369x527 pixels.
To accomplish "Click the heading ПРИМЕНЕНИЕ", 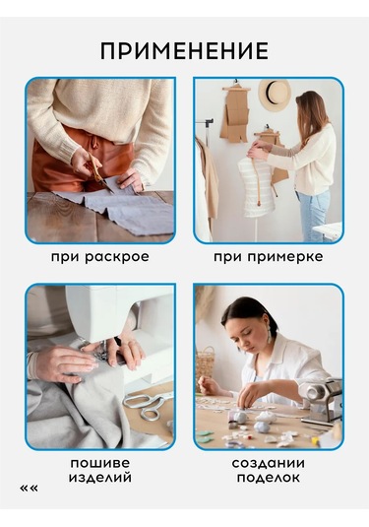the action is coord(184,51).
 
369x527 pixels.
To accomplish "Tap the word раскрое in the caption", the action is coord(116,257).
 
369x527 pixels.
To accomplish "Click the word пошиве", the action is coord(99,463).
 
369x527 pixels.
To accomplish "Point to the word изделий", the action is coord(100,478).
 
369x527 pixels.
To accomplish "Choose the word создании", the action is coord(269,463).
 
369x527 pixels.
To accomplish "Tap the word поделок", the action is coord(269,478).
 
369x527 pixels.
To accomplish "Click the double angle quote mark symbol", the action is coord(29,488).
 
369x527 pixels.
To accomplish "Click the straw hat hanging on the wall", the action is coord(275,95).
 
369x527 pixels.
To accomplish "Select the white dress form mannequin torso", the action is coord(254,186).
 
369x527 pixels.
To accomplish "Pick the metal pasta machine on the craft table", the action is coord(321,401).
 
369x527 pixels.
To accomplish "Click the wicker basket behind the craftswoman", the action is coord(205,362).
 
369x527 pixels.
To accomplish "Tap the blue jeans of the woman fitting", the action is coord(314,216).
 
